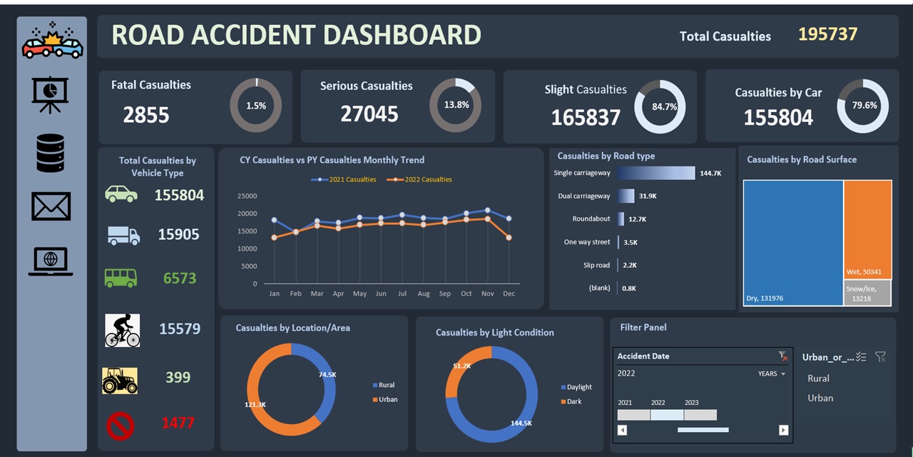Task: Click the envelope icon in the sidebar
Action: tap(51, 206)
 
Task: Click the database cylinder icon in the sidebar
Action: tap(51, 153)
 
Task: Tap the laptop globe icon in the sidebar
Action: tap(51, 261)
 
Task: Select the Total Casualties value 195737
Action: tap(827, 34)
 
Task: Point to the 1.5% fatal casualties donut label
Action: tap(255, 106)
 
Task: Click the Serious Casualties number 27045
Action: tap(369, 114)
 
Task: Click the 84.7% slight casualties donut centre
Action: tap(660, 107)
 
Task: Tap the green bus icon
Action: tap(121, 278)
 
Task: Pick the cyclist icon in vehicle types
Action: tap(122, 330)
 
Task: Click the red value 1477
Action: tap(178, 423)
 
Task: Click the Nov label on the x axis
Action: tap(488, 293)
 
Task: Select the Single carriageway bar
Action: tap(656, 174)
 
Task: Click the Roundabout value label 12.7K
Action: tap(637, 219)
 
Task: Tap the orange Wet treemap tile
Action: tap(867, 228)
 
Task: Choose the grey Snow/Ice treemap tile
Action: tap(867, 293)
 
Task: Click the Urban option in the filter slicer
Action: tap(820, 398)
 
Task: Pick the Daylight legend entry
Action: tap(578, 387)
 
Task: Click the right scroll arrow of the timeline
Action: tap(783, 430)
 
